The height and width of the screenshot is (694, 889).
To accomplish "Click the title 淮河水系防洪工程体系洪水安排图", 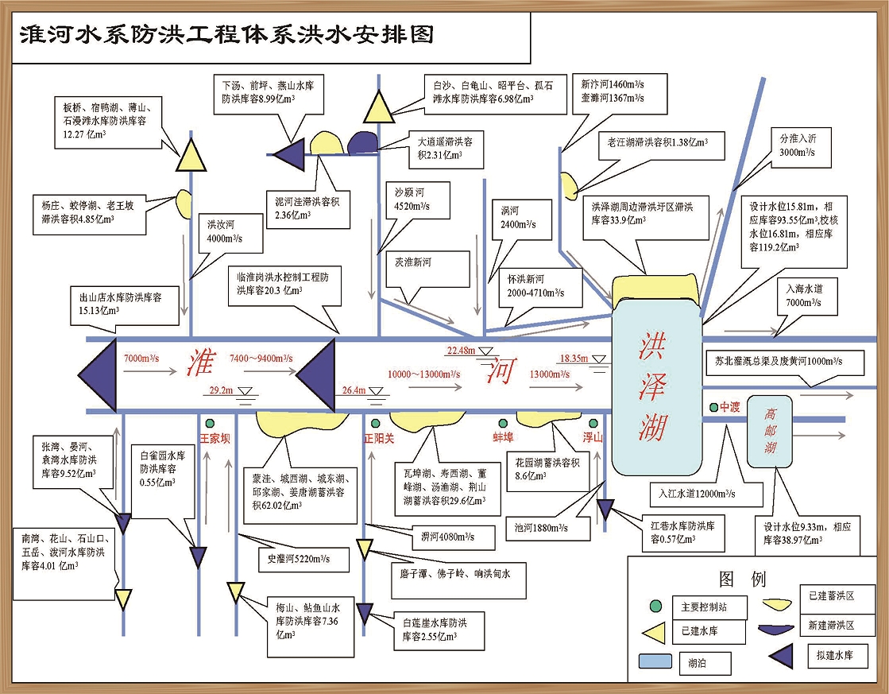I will [x=226, y=34].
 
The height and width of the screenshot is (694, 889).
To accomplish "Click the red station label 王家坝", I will [x=215, y=438].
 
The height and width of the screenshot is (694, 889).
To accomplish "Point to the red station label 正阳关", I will [x=380, y=437].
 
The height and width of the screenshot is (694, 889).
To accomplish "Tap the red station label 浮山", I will [x=593, y=437].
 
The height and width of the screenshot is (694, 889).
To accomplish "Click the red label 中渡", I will [x=730, y=408].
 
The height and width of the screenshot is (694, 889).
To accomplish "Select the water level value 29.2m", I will [x=221, y=390].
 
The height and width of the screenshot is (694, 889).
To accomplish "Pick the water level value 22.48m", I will [x=461, y=350].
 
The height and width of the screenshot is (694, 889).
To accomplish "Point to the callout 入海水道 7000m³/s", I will [x=805, y=296].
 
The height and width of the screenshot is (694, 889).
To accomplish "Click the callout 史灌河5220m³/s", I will [x=298, y=558].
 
